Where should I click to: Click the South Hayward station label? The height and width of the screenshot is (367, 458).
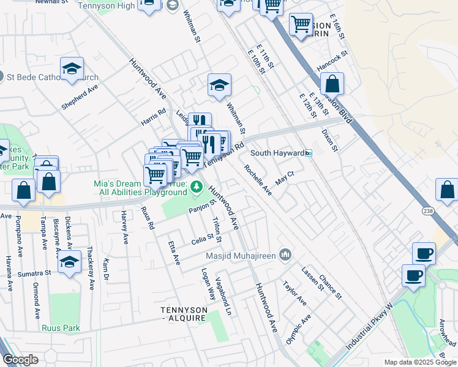tap(277, 153)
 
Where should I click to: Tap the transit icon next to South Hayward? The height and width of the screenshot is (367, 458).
tap(309, 153)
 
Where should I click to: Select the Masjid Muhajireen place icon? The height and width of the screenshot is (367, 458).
tap(285, 253)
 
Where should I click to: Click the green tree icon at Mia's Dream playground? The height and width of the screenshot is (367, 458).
tap(196, 187)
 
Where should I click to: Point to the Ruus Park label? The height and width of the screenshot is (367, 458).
tap(61, 328)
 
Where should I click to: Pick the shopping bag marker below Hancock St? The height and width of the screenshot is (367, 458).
tap(332, 84)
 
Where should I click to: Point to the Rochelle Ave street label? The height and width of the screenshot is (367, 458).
tap(258, 180)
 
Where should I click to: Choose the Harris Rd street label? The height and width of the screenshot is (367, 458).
tap(154, 115)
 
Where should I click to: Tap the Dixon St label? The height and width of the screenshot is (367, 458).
tap(331, 139)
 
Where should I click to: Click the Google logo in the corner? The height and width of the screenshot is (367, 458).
tap(20, 360)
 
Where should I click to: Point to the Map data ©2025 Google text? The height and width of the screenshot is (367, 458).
tap(420, 362)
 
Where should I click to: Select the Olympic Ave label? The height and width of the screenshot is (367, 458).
tap(298, 329)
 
